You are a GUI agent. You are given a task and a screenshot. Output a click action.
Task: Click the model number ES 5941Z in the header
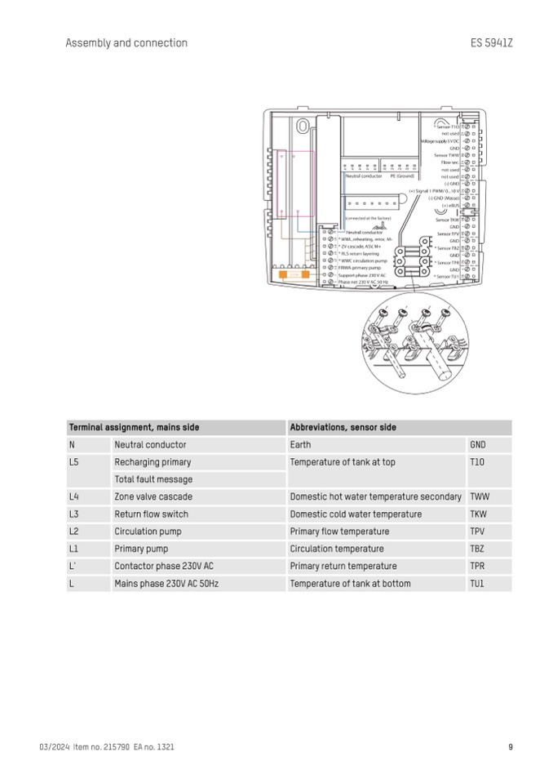[x=492, y=43]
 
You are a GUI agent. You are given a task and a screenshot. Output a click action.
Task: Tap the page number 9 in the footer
[x=510, y=746]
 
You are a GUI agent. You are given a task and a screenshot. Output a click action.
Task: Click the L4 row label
[x=74, y=496]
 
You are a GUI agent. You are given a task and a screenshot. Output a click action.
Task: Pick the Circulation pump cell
[x=148, y=532]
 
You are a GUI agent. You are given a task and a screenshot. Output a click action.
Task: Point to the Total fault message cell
[x=153, y=479]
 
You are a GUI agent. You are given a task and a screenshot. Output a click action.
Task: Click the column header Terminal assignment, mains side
[x=134, y=427]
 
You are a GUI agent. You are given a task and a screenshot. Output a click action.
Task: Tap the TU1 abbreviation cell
[x=477, y=584]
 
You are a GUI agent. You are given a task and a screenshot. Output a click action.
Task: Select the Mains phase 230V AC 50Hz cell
[x=166, y=584]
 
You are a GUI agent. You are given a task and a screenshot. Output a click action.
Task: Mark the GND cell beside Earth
[x=477, y=445]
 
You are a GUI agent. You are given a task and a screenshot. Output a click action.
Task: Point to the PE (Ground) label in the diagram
[x=402, y=176]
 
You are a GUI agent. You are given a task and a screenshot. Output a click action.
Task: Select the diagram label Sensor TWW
[x=447, y=155]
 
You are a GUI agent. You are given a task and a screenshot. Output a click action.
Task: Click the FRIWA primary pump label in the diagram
[x=360, y=268]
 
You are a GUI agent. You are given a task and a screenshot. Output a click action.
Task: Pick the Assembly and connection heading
[x=126, y=43]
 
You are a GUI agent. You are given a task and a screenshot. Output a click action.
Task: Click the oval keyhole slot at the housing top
[x=303, y=127]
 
